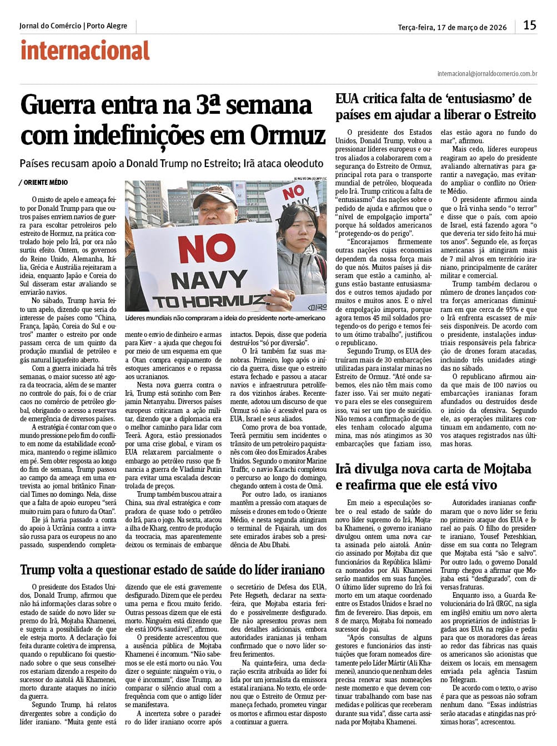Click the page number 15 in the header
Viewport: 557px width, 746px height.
click(530, 25)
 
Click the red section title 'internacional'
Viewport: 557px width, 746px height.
click(85, 51)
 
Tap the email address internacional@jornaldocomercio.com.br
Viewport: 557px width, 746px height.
click(487, 73)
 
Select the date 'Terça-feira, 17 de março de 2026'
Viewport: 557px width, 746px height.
click(452, 27)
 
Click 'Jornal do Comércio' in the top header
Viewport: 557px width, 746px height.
click(50, 26)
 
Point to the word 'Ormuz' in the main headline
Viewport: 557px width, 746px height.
click(288, 135)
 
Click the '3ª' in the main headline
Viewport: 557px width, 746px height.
click(208, 105)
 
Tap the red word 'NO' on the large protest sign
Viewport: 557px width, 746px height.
click(207, 250)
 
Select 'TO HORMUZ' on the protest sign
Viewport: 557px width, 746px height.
click(208, 302)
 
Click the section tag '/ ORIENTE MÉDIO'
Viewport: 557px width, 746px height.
click(44, 183)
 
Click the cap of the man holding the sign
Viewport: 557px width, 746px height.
click(213, 194)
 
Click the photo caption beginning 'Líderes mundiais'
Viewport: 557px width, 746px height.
click(224, 318)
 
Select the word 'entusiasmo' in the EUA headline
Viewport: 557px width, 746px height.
click(480, 99)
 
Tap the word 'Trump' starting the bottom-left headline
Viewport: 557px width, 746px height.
click(37, 570)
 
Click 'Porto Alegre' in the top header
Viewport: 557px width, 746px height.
click(107, 26)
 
